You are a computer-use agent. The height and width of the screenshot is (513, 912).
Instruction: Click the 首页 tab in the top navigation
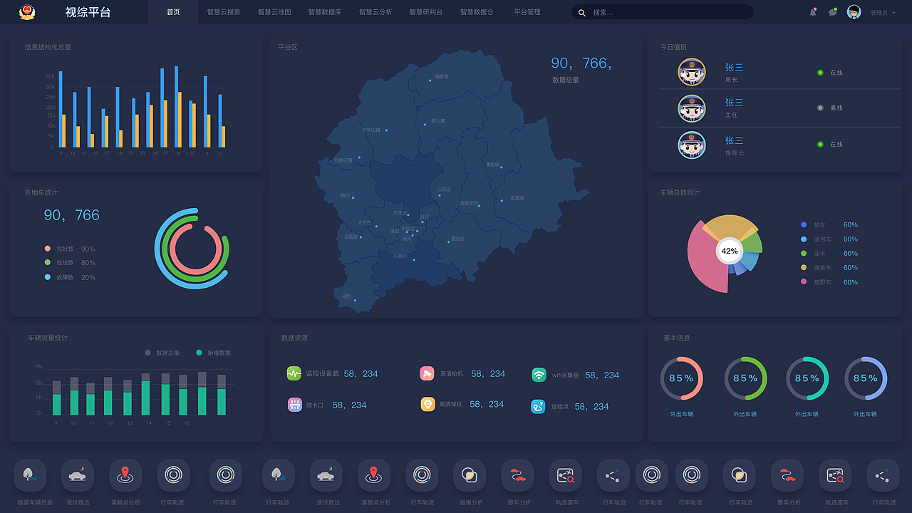[173, 12]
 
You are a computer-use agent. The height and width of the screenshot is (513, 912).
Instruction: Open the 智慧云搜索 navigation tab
[224, 12]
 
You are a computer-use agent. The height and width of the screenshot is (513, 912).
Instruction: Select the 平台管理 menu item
[527, 12]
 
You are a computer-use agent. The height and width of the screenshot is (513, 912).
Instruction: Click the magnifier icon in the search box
[582, 13]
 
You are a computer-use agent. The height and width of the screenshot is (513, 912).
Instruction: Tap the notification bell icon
[813, 12]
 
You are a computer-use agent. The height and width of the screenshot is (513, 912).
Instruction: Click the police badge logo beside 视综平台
[26, 12]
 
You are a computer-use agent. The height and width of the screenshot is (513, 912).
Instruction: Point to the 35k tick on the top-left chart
[50, 76]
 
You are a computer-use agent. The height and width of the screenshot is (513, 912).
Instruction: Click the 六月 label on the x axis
[190, 153]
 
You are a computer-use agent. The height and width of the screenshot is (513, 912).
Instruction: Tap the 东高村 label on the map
[400, 256]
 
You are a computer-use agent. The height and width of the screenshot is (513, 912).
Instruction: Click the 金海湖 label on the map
[517, 198]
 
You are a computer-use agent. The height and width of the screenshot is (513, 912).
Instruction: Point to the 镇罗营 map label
[442, 76]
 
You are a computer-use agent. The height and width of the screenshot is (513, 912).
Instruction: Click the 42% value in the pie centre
[730, 251]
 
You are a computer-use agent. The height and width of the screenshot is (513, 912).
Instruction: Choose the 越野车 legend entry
[822, 282]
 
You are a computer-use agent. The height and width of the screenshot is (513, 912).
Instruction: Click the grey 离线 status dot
[820, 108]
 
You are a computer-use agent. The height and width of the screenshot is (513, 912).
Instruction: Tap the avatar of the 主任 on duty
[692, 108]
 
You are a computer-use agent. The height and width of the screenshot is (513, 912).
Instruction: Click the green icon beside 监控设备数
[294, 373]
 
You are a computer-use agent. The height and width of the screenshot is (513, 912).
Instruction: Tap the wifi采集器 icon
[539, 375]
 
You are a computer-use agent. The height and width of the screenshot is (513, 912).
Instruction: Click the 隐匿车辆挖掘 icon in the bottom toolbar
[30, 475]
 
